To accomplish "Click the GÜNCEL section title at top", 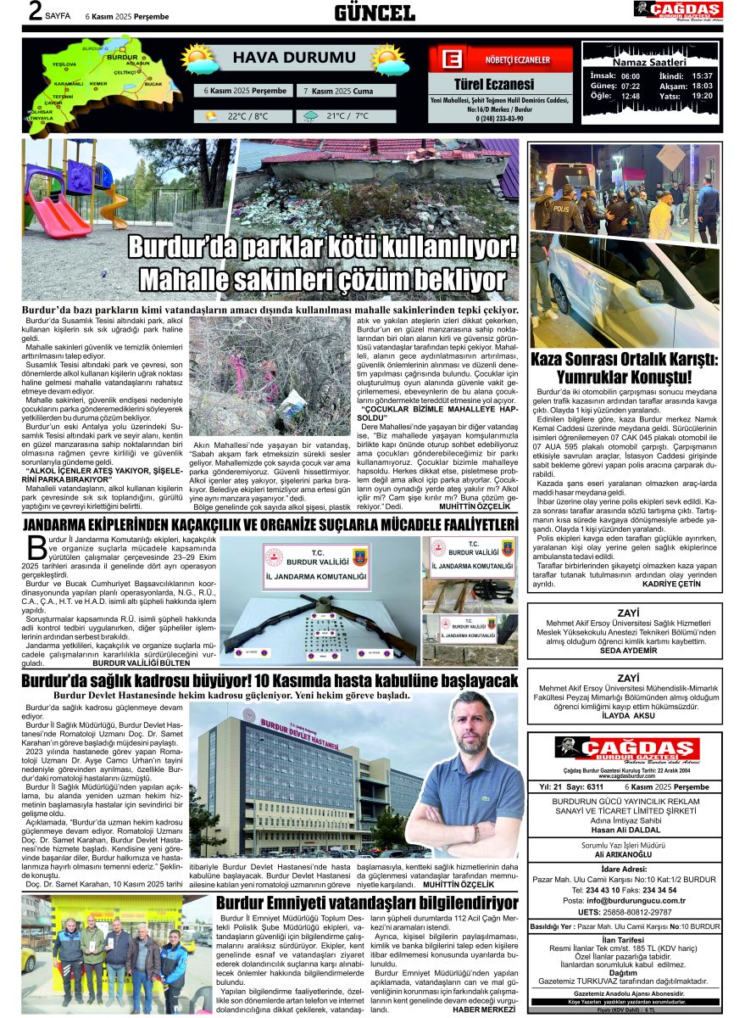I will [x=374, y=12].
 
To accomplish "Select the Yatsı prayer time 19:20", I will [x=702, y=96].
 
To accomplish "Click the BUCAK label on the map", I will [x=153, y=85].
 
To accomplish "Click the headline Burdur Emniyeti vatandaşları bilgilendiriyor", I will [x=366, y=903].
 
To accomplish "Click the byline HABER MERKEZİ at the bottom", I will [x=484, y=1009].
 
